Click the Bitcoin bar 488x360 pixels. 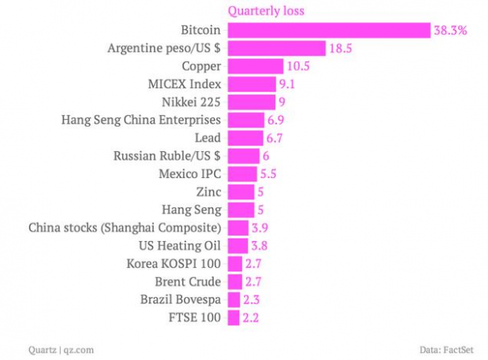click(329, 30)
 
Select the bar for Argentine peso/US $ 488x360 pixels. click(276, 48)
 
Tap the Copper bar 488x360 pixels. click(255, 66)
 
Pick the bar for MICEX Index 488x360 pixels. click(251, 84)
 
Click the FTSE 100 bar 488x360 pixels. click(234, 317)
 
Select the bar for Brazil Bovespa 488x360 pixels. click(234, 299)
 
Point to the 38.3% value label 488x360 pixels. click(450, 31)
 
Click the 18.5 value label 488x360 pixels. click(340, 49)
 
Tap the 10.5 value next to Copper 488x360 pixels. click(298, 66)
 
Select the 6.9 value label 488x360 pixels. click(275, 120)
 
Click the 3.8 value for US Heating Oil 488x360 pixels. click(248, 246)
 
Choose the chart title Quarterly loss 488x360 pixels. click(266, 11)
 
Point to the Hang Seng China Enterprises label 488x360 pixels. click(141, 120)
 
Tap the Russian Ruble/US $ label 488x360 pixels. click(167, 156)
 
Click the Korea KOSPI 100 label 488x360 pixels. click(174, 264)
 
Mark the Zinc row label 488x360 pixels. click(207, 191)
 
